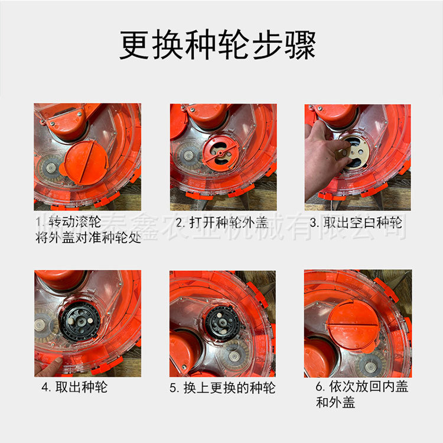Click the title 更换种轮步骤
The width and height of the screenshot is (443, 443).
tap(218, 45)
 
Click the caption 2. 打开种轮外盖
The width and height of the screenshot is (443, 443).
tap(221, 223)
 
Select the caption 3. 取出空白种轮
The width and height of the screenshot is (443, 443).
tap(356, 223)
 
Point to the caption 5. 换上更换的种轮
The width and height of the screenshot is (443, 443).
tap(222, 389)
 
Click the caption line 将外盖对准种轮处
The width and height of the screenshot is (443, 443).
tap(87, 240)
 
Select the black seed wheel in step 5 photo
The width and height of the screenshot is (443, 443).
tap(223, 322)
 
